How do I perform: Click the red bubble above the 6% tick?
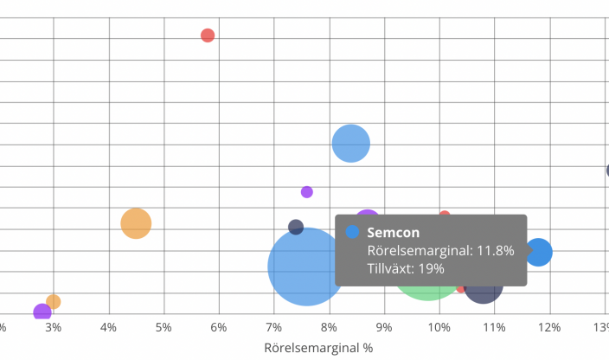[x=208, y=35]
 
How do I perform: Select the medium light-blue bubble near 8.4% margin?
[x=351, y=144]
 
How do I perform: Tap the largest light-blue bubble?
[x=305, y=267]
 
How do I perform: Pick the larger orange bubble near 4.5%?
[x=136, y=224]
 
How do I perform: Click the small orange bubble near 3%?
[x=54, y=302]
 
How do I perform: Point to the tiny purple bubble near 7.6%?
[x=307, y=192]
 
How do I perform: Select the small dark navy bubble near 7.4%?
[x=296, y=228]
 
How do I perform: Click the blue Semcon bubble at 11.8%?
[x=539, y=252]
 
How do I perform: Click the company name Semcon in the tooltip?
[x=394, y=232]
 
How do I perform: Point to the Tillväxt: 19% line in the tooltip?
[x=406, y=268]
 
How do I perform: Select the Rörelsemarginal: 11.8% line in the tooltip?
[x=440, y=250]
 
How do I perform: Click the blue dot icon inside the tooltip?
[x=353, y=232]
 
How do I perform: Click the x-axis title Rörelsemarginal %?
[x=317, y=348]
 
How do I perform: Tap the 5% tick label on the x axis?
[x=163, y=327]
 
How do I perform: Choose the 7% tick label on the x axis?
[x=273, y=327]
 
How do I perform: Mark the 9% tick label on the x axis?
[x=384, y=327]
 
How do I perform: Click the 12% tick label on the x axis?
[x=549, y=327]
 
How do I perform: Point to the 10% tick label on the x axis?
[x=439, y=327]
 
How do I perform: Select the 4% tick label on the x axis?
[x=108, y=327]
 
